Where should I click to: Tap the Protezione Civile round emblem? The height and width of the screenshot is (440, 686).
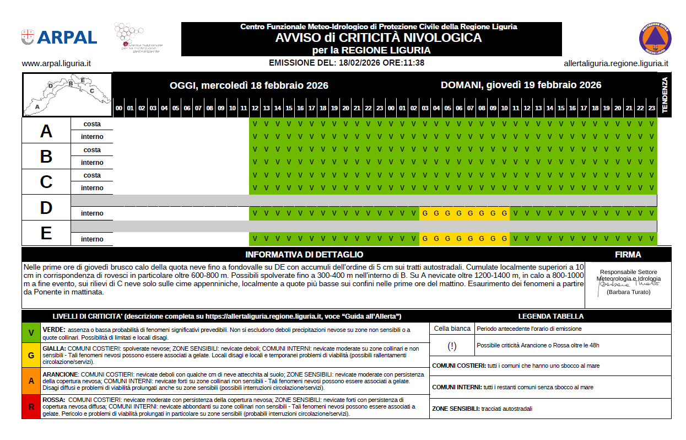[655, 39]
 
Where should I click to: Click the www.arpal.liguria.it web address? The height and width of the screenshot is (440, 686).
[56, 63]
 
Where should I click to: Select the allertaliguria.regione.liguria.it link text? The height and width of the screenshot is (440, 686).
[616, 63]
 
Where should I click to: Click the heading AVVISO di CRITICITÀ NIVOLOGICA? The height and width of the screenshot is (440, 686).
[379, 38]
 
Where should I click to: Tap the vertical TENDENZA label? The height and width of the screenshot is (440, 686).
[665, 95]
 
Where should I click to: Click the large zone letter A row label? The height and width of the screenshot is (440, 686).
[46, 131]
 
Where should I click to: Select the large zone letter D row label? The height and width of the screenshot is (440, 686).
[46, 207]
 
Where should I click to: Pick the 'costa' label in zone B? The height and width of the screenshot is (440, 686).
[92, 150]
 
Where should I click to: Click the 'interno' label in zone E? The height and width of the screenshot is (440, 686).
[92, 239]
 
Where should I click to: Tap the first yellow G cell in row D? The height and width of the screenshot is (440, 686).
[425, 213]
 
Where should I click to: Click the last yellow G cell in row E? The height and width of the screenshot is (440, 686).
[504, 239]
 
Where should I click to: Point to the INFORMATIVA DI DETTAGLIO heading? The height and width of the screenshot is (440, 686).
[304, 255]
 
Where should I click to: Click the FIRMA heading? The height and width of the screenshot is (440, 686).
[628, 255]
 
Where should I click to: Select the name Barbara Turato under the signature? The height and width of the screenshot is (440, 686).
[628, 292]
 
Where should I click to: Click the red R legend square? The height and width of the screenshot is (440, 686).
[31, 407]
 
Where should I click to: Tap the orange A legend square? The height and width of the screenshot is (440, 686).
[31, 381]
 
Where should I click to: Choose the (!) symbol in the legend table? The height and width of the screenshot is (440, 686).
[452, 346]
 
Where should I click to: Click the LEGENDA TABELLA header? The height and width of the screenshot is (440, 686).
[550, 316]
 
